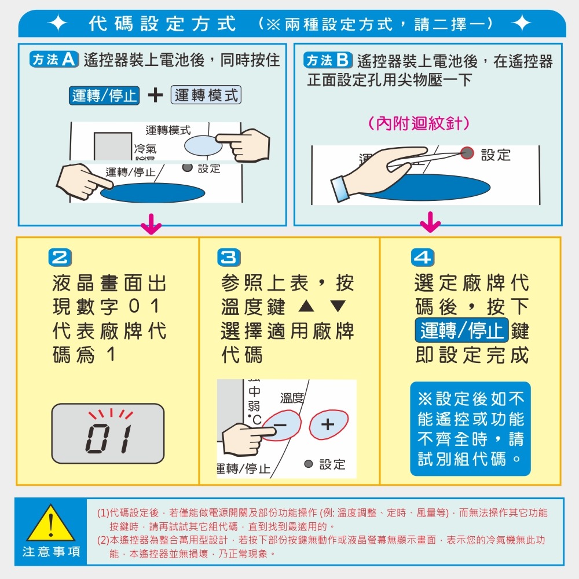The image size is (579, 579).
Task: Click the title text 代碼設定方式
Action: click(163, 24)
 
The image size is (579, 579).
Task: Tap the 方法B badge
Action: click(328, 60)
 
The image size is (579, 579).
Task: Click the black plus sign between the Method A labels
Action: click(155, 96)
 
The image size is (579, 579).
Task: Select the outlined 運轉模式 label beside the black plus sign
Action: click(206, 96)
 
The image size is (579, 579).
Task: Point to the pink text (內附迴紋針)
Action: click(419, 123)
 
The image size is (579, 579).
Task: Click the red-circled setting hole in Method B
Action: click(467, 153)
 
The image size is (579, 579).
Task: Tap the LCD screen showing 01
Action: click(108, 433)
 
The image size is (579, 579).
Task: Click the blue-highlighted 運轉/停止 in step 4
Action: click(461, 331)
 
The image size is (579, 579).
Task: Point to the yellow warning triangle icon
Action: click(51, 523)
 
